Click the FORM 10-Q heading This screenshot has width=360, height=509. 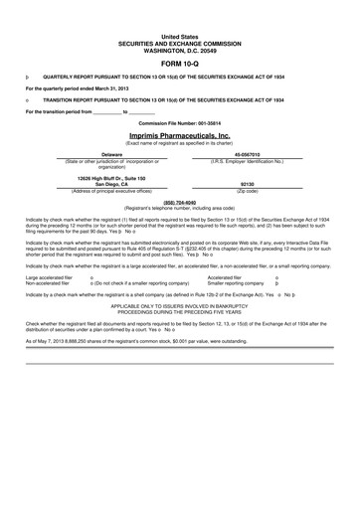[179, 62]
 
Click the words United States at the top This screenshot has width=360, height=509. [179, 33]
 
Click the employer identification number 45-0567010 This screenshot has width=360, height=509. [247, 155]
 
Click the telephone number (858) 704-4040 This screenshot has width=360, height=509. [179, 201]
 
